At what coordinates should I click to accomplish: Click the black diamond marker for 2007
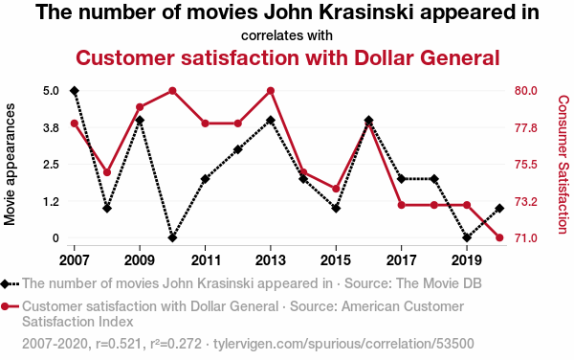[x=75, y=91]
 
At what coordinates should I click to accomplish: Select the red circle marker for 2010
[x=172, y=91]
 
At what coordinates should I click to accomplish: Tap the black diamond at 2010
[x=172, y=237]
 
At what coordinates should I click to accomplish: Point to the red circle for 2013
[x=271, y=91]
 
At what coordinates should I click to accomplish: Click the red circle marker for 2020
[x=499, y=237]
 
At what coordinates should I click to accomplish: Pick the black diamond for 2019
[x=467, y=237]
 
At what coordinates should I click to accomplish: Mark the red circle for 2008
[x=107, y=172]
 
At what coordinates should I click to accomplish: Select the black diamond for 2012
[x=238, y=149]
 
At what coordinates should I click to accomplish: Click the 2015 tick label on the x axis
[x=336, y=260]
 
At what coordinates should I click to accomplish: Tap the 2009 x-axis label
[x=140, y=260]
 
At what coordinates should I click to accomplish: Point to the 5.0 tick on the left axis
[x=51, y=91]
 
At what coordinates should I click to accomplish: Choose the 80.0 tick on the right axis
[x=525, y=91]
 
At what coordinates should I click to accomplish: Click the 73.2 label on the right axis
[x=525, y=201]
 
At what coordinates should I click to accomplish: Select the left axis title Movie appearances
[x=10, y=164]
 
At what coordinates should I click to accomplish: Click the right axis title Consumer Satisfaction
[x=563, y=165]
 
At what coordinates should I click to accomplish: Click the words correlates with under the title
[x=287, y=35]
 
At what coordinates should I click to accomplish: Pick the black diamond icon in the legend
[x=5, y=283]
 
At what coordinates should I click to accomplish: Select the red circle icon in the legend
[x=5, y=306]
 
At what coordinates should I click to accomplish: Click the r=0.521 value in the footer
[x=119, y=344]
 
